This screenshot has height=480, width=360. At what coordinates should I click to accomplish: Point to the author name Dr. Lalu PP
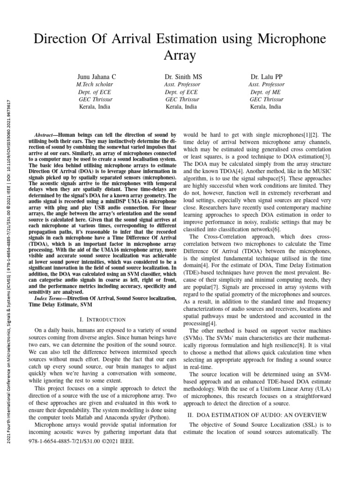tap(266, 76)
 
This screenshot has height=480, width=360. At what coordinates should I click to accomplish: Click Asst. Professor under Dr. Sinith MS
tap(182, 84)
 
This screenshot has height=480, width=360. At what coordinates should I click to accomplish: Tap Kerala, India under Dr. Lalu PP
tap(266, 107)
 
